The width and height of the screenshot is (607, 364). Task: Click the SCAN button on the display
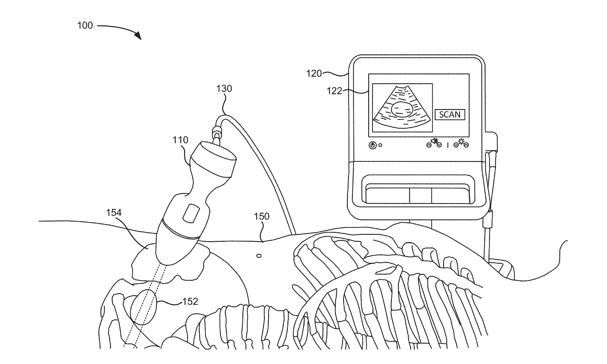point(450,114)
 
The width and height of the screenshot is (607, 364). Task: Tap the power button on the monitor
point(373,145)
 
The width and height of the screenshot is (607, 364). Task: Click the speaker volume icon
point(433,143)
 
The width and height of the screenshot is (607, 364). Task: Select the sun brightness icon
point(461,143)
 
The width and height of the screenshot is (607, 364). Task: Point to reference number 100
point(85,25)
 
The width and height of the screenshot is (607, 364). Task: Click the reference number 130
point(224,89)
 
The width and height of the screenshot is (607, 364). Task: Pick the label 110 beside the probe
point(180,140)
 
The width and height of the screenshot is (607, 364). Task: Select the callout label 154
point(115,213)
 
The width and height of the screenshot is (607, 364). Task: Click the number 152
point(189,301)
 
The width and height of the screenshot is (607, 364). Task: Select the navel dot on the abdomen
point(259,255)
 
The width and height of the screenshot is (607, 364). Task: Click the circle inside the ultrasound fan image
point(403,109)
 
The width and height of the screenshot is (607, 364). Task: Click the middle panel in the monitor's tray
point(420,195)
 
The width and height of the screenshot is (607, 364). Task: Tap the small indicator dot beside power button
point(380,145)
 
